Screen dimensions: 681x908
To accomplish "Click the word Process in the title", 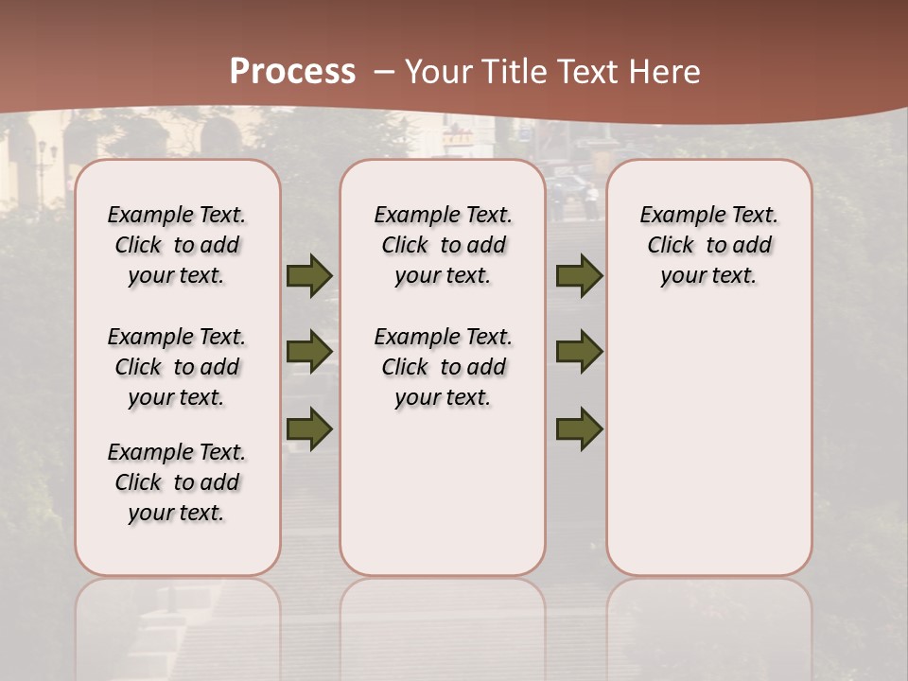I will coord(292,72).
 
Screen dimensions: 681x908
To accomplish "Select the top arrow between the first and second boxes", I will coord(309,276).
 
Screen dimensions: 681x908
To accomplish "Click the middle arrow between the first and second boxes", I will coord(309,352).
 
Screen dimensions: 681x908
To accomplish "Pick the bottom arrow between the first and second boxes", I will coord(309,428).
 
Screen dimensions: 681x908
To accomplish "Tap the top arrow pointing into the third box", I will coord(579,276).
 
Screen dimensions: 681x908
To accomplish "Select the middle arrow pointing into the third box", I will coord(579,352).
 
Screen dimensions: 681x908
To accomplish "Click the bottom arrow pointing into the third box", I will coord(579,429).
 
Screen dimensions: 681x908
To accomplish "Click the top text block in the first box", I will coord(177,245).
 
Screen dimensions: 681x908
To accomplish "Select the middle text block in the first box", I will coord(177,367).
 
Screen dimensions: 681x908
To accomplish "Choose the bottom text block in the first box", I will coord(177,482).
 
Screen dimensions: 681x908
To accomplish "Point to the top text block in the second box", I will coord(443,245).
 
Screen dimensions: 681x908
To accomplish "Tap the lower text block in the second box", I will coord(443,367).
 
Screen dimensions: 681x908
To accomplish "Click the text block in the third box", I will coord(708,245).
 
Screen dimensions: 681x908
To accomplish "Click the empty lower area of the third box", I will coord(708,445).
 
